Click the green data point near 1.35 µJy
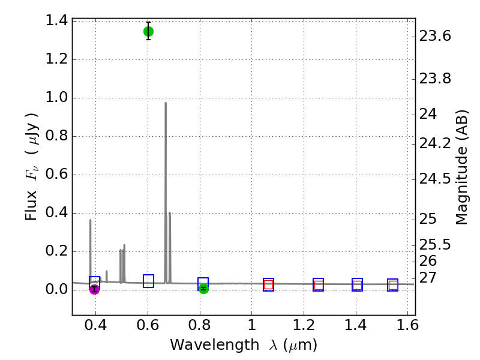148,31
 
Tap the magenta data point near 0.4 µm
94,289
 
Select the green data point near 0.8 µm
203,289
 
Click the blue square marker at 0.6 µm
148,281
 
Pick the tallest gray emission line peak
166,103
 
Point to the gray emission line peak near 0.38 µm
91,220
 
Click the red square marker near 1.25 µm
319,286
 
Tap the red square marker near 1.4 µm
358,286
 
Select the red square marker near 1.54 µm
393,286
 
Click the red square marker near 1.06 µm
268,286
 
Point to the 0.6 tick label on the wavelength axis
148,327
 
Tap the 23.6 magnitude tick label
435,37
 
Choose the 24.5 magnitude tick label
435,179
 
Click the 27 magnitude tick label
428,278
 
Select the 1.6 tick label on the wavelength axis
407,327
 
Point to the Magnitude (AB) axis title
461,167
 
